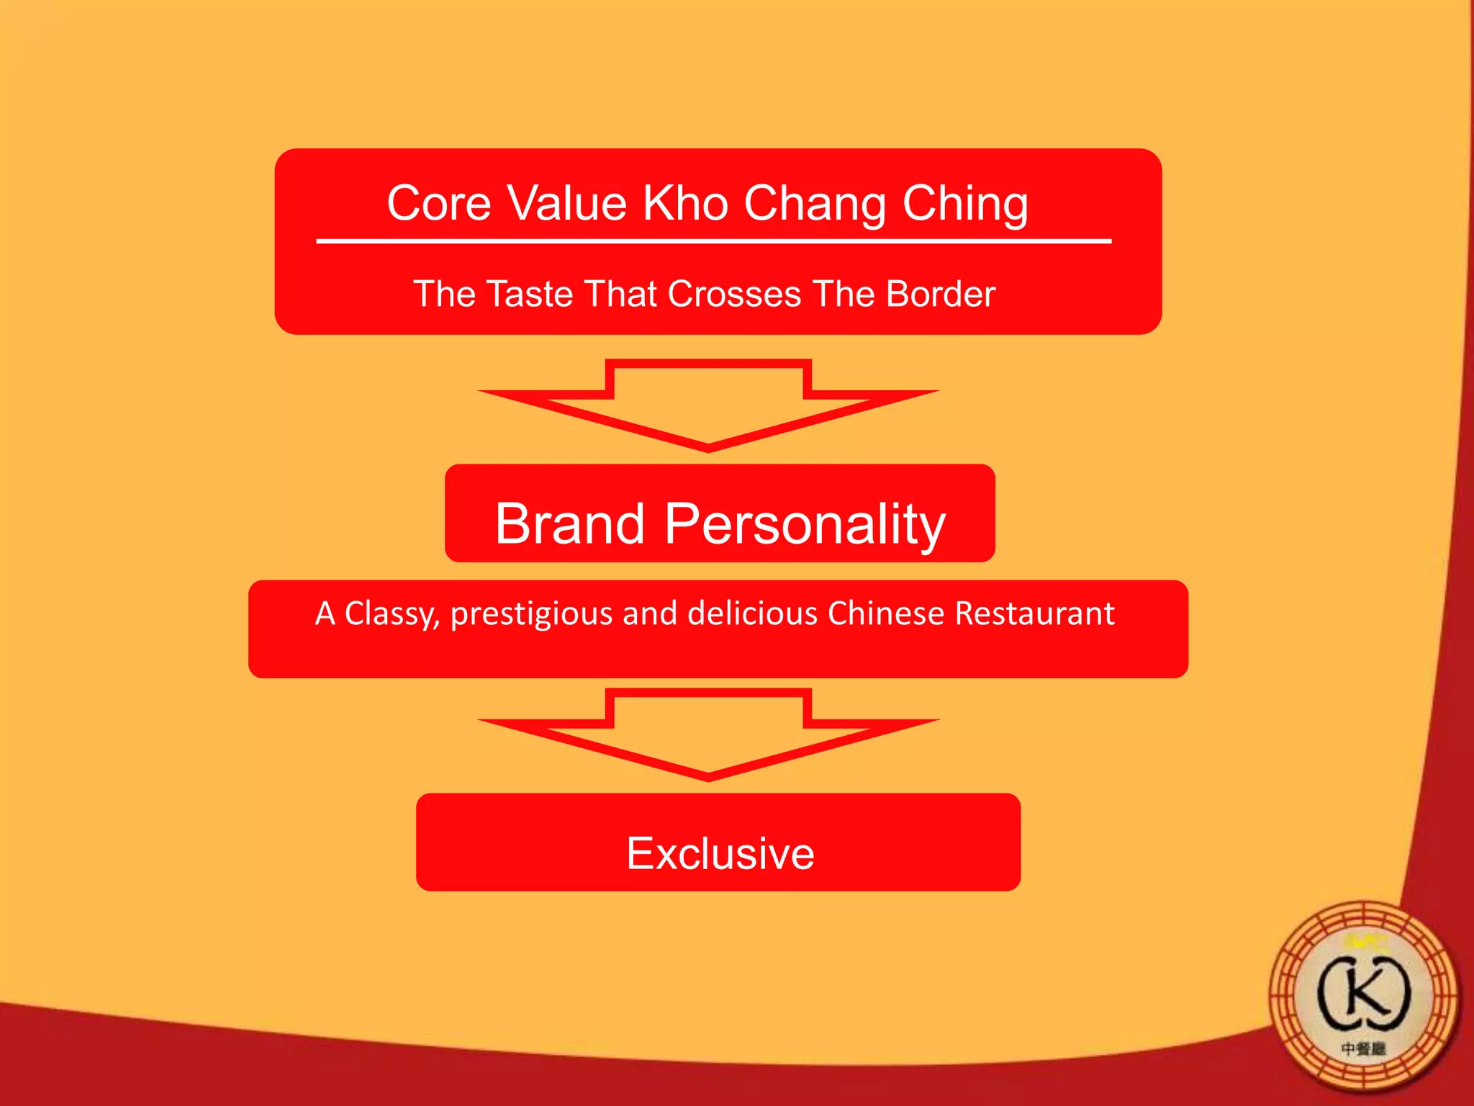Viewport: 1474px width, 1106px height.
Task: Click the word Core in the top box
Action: [438, 204]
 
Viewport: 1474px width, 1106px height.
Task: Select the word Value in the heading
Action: [567, 204]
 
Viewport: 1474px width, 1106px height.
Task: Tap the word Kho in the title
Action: [685, 204]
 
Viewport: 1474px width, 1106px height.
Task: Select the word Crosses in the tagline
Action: [735, 295]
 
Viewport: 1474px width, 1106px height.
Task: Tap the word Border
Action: [941, 295]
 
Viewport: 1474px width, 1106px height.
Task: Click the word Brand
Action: [569, 523]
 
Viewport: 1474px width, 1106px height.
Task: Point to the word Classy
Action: [392, 614]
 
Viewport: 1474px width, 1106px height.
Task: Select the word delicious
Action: [753, 613]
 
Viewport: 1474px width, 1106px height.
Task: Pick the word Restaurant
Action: [1035, 613]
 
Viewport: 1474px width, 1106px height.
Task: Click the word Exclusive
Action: [720, 854]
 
